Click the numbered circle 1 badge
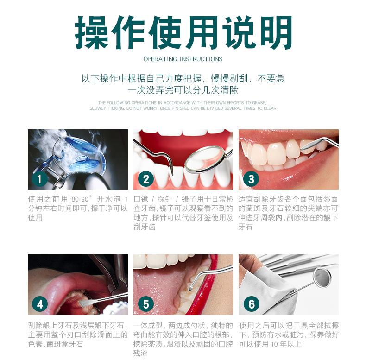(x=40, y=179)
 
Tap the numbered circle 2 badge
(x=145, y=179)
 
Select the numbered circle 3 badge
(x=251, y=179)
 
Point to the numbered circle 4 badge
(x=40, y=304)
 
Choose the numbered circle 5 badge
(x=145, y=304)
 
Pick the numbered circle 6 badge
(x=251, y=304)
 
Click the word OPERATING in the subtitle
(x=160, y=59)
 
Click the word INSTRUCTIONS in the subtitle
(x=201, y=59)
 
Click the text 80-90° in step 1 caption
(x=82, y=198)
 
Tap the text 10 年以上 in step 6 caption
(x=284, y=344)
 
